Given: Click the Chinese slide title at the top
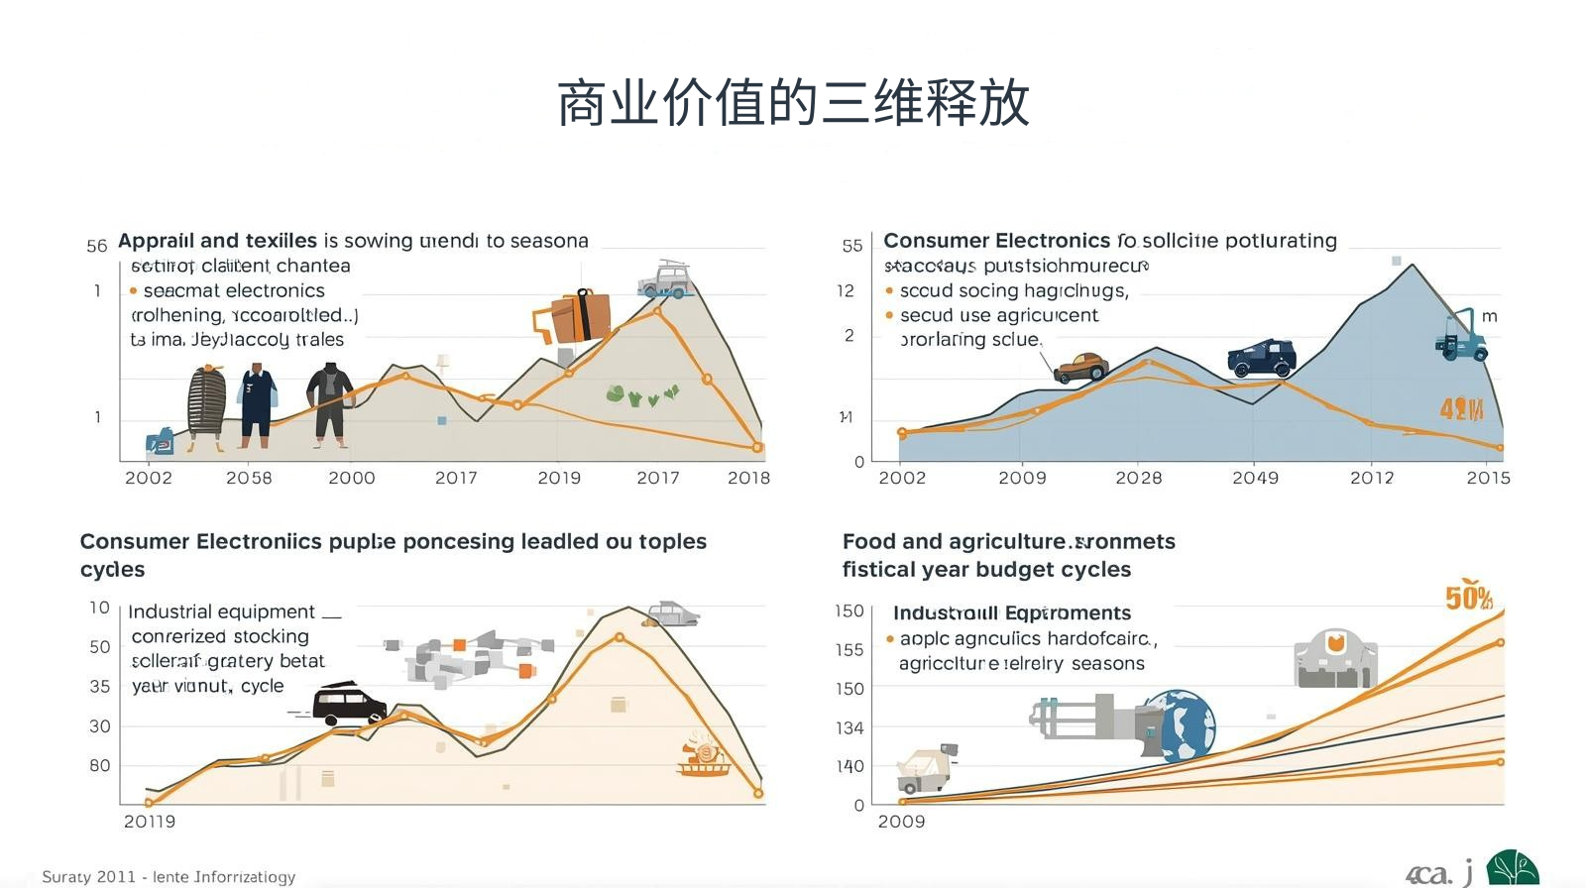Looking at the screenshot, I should pyautogui.click(x=793, y=103).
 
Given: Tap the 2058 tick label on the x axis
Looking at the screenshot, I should pyautogui.click(x=249, y=478).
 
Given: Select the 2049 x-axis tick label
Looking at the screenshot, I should pyautogui.click(x=1255, y=478).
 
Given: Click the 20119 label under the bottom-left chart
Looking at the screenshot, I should pyautogui.click(x=150, y=822).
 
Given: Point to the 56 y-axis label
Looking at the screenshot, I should pyautogui.click(x=96, y=246).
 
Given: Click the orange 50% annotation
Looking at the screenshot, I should pyautogui.click(x=1468, y=598).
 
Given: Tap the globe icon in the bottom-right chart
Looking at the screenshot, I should pyautogui.click(x=1183, y=725).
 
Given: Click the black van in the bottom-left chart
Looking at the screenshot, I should pyautogui.click(x=348, y=704).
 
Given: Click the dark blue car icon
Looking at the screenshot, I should pyautogui.click(x=1262, y=358).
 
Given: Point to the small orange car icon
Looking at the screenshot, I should pyautogui.click(x=1080, y=367).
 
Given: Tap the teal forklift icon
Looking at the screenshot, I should pyautogui.click(x=1461, y=335).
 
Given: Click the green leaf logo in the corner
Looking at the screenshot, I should pyautogui.click(x=1512, y=869).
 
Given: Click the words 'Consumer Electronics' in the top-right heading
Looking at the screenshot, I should pyautogui.click(x=996, y=241).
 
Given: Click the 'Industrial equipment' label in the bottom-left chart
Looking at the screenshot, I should pyautogui.click(x=221, y=611).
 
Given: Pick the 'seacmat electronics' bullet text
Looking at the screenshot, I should pyautogui.click(x=234, y=290).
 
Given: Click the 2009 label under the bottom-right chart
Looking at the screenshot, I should pyautogui.click(x=901, y=822).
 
